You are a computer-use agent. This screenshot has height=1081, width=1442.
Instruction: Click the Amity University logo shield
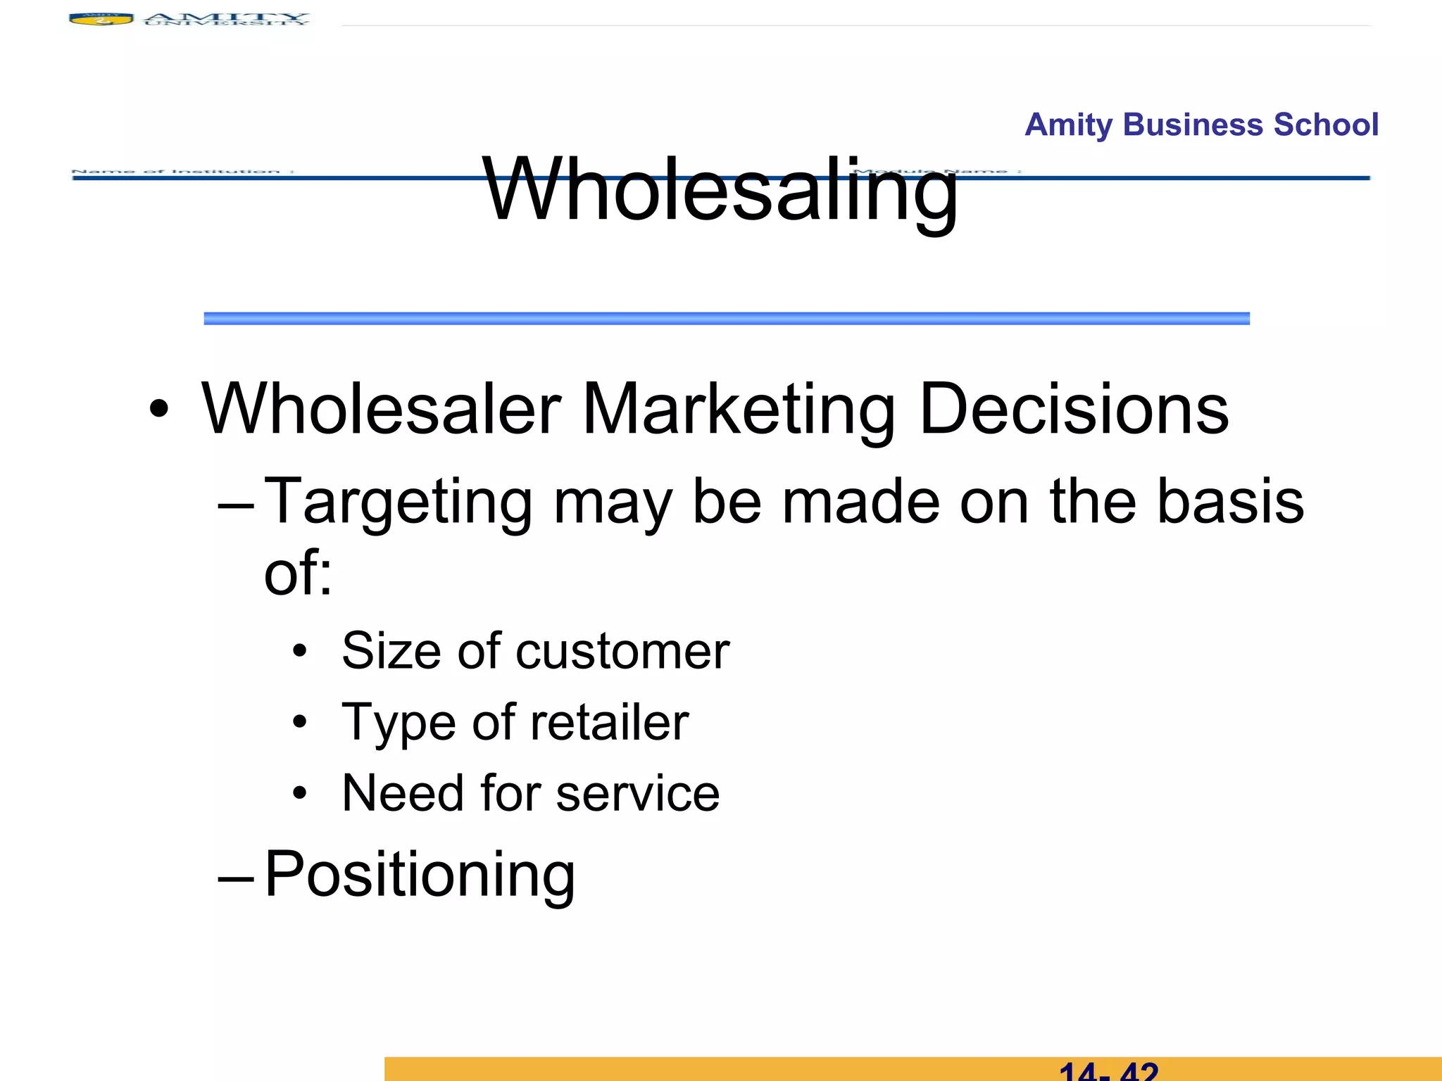(101, 19)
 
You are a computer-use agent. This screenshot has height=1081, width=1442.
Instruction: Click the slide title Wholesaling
(720, 190)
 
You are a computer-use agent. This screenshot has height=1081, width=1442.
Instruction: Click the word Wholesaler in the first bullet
(381, 409)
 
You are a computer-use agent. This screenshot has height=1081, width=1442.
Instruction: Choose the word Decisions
(1074, 409)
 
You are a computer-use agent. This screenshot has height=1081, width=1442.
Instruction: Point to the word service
(637, 794)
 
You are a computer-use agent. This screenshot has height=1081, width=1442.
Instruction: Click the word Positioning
(420, 875)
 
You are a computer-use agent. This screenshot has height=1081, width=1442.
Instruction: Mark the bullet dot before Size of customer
(301, 652)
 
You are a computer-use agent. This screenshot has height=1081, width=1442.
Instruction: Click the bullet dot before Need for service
(301, 794)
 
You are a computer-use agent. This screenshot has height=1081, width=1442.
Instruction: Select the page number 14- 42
(1108, 1072)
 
